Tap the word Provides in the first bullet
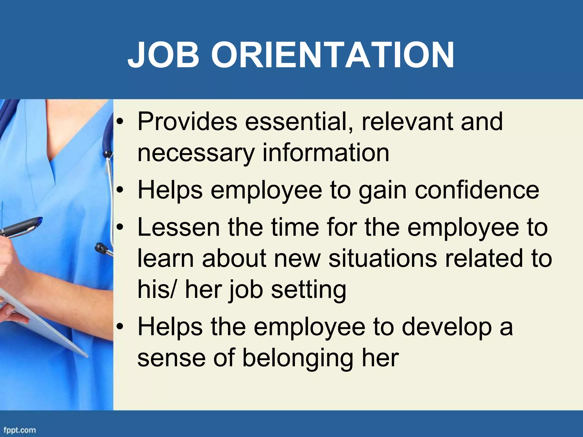[x=187, y=122]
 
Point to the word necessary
[x=195, y=153]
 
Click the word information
[x=325, y=153]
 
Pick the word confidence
[x=477, y=190]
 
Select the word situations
[x=383, y=258]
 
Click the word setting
[x=309, y=290]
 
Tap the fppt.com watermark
[x=19, y=430]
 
